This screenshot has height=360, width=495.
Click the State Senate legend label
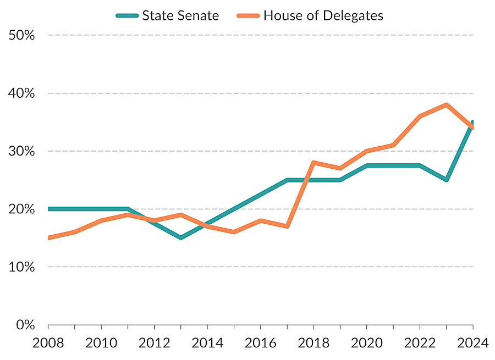[180, 15]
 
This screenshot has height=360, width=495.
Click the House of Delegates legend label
[323, 15]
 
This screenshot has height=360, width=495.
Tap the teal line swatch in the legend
[127, 15]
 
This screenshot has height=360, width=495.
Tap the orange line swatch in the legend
[248, 15]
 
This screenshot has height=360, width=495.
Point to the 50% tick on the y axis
[23, 35]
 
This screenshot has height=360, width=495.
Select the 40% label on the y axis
[23, 93]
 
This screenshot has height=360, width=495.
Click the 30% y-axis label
[23, 151]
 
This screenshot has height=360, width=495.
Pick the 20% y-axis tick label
[23, 209]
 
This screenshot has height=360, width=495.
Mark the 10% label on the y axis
[23, 267]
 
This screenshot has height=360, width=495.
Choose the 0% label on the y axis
[25, 325]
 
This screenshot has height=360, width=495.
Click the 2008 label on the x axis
[48, 343]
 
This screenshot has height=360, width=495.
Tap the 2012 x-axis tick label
[154, 343]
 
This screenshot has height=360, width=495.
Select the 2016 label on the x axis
[260, 343]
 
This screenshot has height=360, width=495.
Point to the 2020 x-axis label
[366, 343]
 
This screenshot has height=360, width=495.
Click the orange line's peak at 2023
[446, 104]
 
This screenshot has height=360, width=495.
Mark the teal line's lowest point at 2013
[180, 238]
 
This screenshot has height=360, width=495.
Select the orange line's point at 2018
[313, 163]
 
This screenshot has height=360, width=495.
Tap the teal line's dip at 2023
[446, 180]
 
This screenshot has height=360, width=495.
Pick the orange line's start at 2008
[48, 238]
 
